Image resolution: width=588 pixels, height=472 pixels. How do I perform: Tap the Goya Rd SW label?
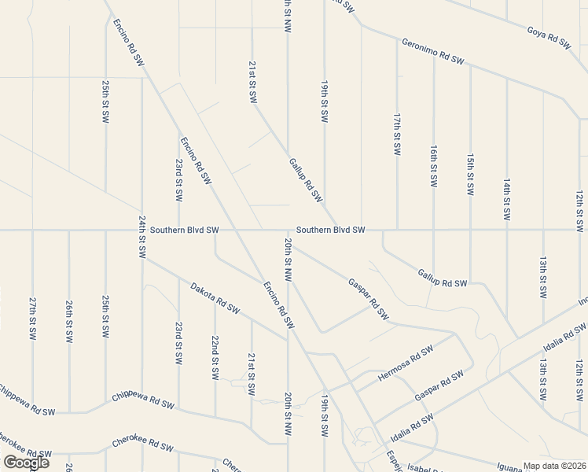(548, 38)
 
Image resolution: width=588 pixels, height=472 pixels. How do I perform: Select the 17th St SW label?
(397, 134)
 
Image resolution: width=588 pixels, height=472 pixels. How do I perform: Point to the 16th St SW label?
(434, 165)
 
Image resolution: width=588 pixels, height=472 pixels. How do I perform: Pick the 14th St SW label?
(507, 198)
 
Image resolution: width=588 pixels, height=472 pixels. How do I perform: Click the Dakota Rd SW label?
(214, 298)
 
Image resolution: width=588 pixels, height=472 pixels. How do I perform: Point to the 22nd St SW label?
(215, 357)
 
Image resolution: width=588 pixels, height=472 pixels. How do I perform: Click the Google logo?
(26, 463)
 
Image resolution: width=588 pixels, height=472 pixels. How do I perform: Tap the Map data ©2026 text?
(554, 466)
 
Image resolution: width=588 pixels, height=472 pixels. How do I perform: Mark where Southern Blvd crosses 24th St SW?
(142, 230)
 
